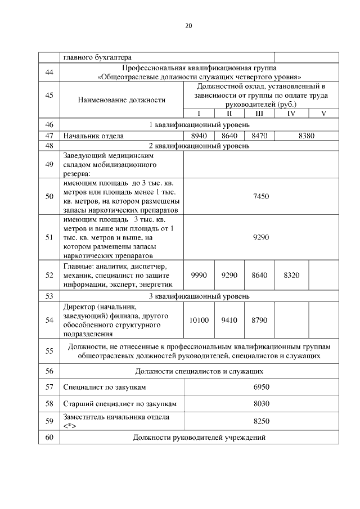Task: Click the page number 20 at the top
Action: pos(188,25)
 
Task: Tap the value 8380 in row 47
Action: pos(307,136)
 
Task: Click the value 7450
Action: pos(262,195)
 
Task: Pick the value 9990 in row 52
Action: pos(199,275)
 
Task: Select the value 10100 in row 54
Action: pos(199,320)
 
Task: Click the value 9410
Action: pos(229,320)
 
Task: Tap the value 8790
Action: pos(260,320)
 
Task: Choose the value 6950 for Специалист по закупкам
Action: pos(263,388)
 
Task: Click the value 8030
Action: pos(263,404)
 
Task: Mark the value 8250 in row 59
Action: pos(263,421)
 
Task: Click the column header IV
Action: pos(291,113)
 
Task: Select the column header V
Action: pos(323,113)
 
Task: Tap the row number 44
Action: pos(49,72)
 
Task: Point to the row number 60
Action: pos(49,438)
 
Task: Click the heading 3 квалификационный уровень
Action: pos(199,296)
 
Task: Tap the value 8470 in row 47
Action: pos(260,136)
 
